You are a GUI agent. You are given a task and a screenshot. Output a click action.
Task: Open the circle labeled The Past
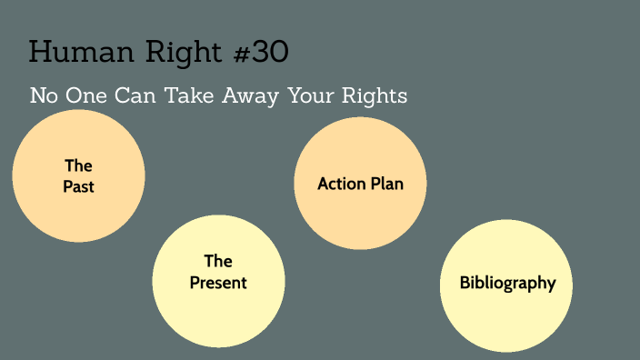click(x=79, y=175)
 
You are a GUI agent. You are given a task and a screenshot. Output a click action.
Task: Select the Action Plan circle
click(x=360, y=184)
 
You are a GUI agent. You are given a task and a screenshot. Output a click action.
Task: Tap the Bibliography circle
click(x=506, y=285)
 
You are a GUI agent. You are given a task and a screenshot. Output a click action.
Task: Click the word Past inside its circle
click(x=79, y=186)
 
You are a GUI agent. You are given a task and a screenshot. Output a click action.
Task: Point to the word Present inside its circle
click(x=218, y=283)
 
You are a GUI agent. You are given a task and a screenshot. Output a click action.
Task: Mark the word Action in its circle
click(x=341, y=184)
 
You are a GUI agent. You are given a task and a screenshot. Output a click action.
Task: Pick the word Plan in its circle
click(x=385, y=184)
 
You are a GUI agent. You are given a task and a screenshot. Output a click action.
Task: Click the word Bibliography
click(x=507, y=283)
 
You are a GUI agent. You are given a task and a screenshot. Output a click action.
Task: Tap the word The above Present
click(x=218, y=262)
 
